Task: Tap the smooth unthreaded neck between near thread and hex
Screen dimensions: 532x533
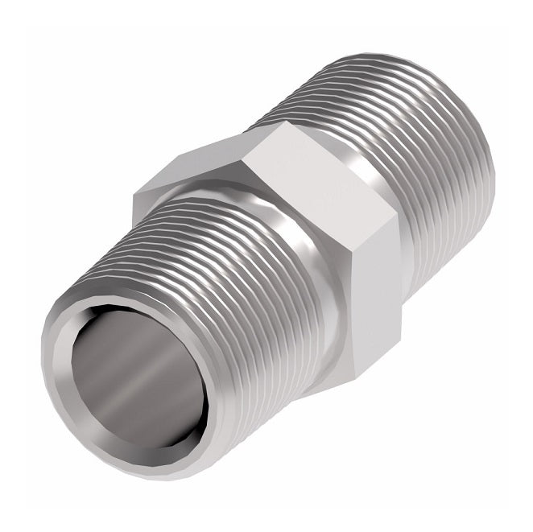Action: [x=314, y=322]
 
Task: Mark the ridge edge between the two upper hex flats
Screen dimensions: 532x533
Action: [x=246, y=153]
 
